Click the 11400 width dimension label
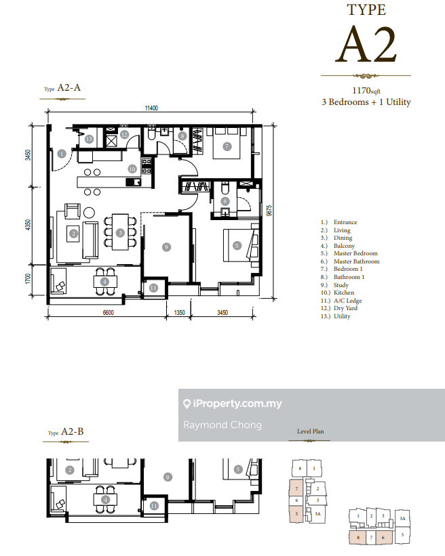click(151, 108)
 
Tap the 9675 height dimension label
click(269, 211)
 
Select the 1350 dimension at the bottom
click(179, 312)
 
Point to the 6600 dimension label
click(109, 312)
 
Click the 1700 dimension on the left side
click(28, 279)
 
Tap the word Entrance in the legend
click(345, 222)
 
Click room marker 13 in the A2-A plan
click(89, 139)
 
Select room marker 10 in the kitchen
click(132, 169)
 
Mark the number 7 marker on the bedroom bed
click(227, 146)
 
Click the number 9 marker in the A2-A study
click(166, 247)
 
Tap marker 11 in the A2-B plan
click(154, 506)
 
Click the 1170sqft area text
click(366, 91)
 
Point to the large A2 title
click(366, 45)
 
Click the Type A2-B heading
click(66, 431)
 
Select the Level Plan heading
click(311, 431)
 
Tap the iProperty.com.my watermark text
click(233, 404)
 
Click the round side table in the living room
click(89, 213)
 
